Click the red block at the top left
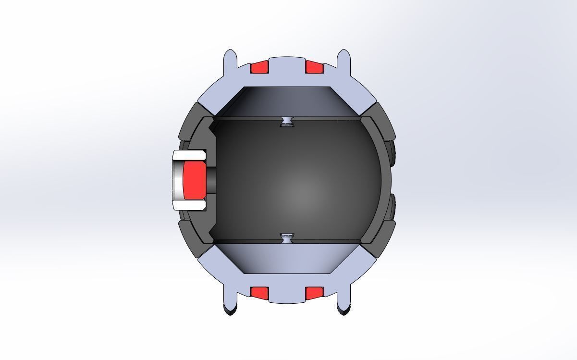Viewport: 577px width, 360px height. (259, 67)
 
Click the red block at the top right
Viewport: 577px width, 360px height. (314, 67)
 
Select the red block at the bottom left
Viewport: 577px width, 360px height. (259, 292)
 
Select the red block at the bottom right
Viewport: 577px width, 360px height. (314, 292)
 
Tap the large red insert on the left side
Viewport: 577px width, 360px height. (193, 180)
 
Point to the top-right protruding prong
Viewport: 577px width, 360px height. (344, 60)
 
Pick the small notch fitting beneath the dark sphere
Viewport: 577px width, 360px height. (287, 237)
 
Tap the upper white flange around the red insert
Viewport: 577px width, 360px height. (189, 155)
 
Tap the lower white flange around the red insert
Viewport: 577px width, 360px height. (189, 205)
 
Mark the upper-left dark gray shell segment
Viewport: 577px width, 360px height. (192, 126)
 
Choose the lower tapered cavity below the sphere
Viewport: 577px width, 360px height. (287, 259)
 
